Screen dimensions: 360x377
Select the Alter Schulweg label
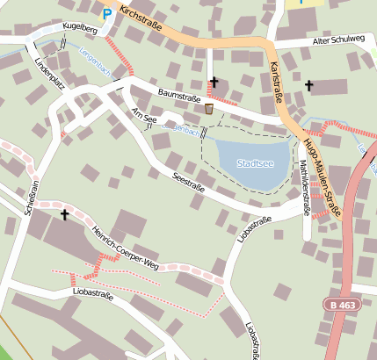[x=338, y=41]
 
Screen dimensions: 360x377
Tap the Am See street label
[x=144, y=116]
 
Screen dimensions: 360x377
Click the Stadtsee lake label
[x=254, y=162]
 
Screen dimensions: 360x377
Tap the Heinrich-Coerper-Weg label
[x=123, y=248]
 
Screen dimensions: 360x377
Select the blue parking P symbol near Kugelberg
[x=107, y=13]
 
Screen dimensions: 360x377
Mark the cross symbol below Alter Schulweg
[x=308, y=85]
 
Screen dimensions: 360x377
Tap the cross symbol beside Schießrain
[x=64, y=213]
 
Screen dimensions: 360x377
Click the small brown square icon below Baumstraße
[x=208, y=109]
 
